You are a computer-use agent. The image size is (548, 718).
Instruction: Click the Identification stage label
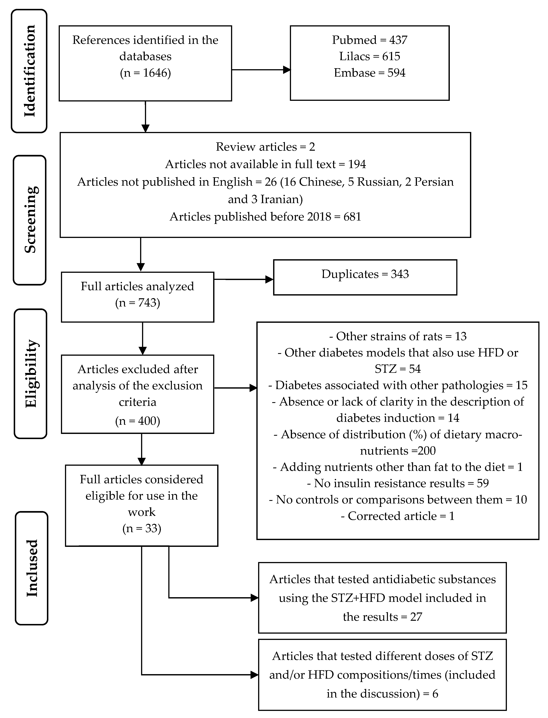point(29,71)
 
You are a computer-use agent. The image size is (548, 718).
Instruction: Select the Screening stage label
point(30,220)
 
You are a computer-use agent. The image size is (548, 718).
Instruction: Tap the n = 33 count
point(142,528)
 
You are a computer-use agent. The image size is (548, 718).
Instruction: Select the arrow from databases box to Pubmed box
point(261,70)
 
